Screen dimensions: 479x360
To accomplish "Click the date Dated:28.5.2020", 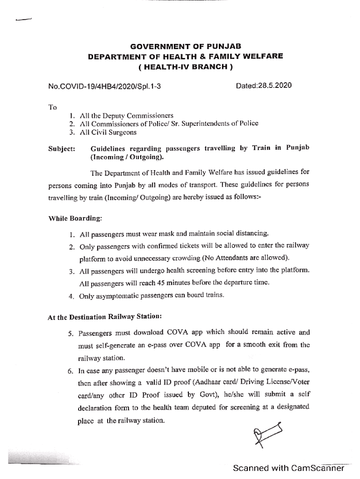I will pyautogui.click(x=264, y=86).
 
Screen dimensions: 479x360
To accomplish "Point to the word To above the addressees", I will pyautogui.click(x=52, y=107).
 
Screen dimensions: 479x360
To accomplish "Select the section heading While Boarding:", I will pyautogui.click(x=75, y=218).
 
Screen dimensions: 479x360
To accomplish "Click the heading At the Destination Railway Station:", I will pyautogui.click(x=105, y=317).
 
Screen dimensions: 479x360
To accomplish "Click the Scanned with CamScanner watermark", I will pyautogui.click(x=288, y=468).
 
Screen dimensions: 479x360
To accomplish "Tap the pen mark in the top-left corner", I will pyautogui.click(x=23, y=20).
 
